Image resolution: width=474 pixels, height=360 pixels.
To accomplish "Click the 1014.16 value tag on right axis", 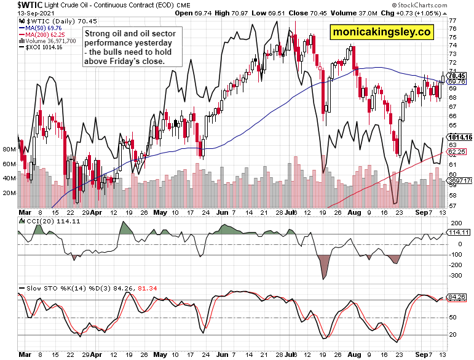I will coord(460,137).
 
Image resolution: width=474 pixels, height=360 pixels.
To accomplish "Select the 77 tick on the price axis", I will coord(452,20).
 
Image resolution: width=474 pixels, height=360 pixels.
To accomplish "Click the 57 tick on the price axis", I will coord(452,206).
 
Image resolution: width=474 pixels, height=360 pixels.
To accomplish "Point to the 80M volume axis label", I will coord(9,150).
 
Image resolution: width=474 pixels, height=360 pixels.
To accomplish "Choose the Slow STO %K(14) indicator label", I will coord(55,288).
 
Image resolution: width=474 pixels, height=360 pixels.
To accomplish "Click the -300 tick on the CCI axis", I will coord(456,276).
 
